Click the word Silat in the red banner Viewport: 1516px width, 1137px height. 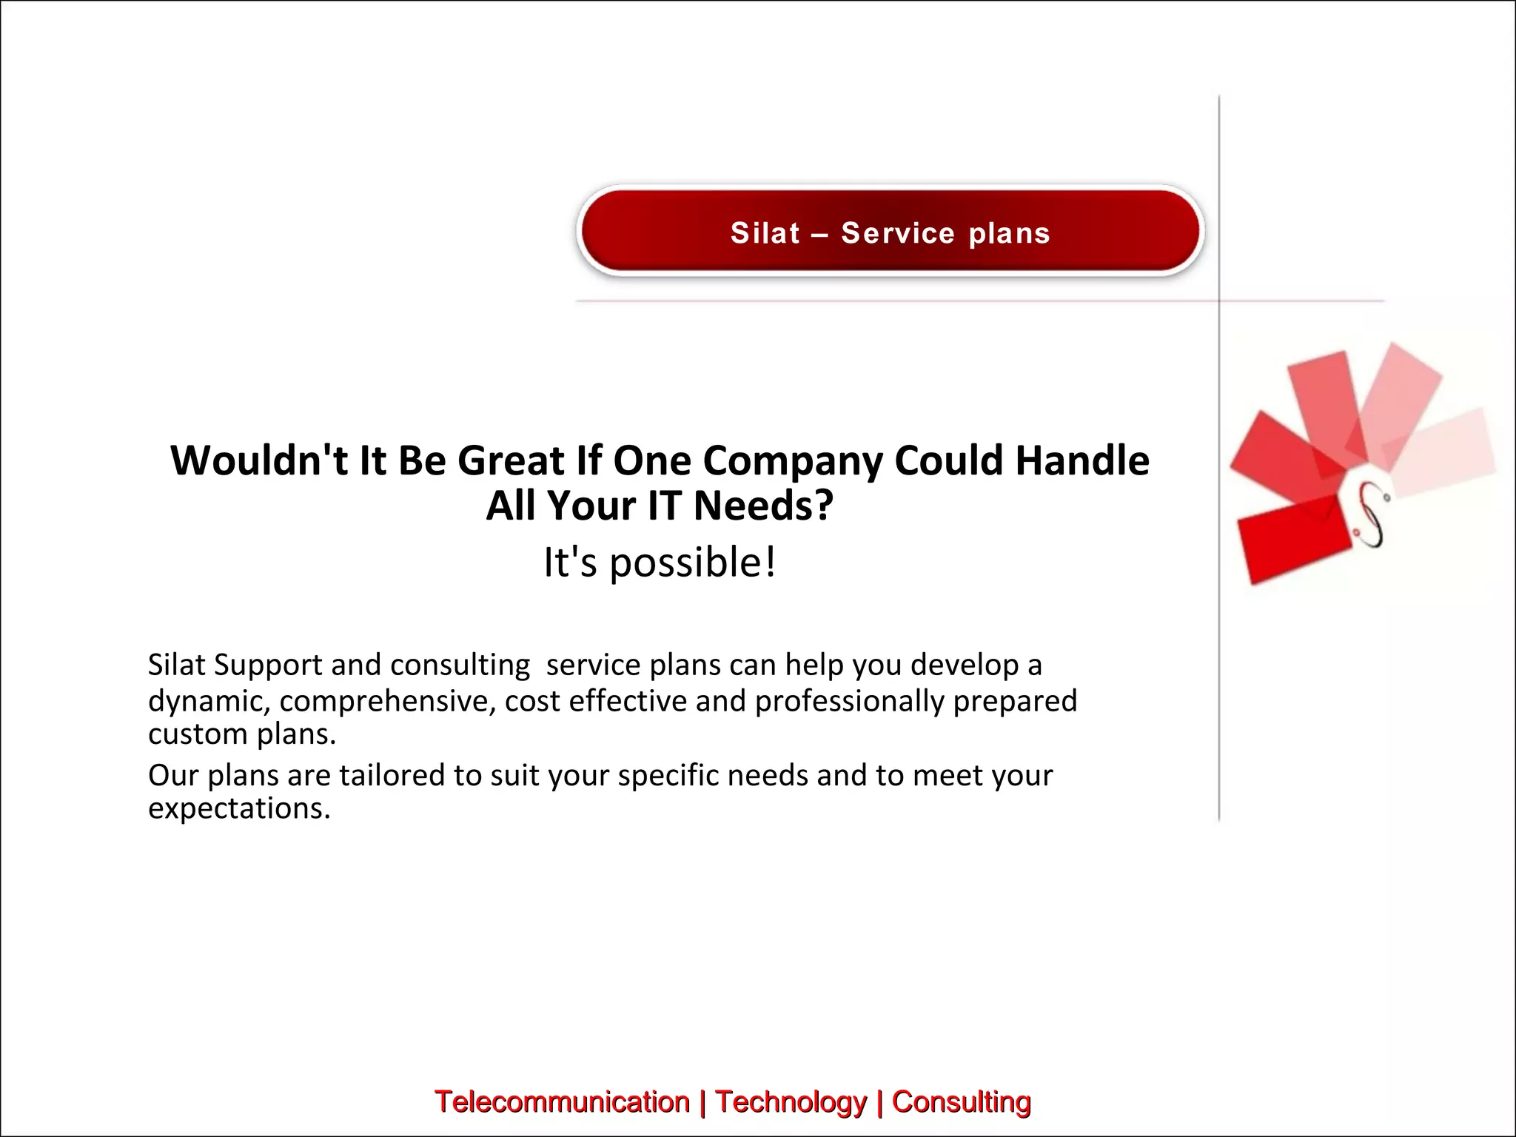click(765, 233)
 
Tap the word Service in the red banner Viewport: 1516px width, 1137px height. click(898, 233)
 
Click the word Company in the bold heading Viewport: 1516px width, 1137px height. click(792, 462)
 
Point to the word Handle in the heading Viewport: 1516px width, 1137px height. click(1082, 460)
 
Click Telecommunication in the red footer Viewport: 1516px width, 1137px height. click(562, 1101)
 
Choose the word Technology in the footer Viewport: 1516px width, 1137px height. click(790, 1101)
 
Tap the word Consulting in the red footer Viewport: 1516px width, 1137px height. click(961, 1101)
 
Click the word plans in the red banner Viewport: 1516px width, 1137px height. click(1010, 233)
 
